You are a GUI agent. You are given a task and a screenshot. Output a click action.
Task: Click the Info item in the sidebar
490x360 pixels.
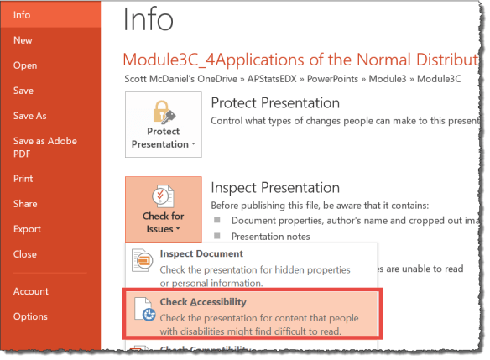(23, 14)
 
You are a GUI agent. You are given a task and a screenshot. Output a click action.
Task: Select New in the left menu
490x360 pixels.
(23, 39)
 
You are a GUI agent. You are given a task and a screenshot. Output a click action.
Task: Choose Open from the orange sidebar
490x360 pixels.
(25, 65)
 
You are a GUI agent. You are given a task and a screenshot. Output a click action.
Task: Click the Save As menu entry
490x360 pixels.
(30, 116)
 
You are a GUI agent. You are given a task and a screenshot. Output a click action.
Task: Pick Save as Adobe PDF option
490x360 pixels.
(44, 148)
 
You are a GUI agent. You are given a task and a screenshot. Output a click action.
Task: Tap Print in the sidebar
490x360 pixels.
(23, 179)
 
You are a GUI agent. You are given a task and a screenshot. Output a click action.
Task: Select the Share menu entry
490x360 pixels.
(25, 204)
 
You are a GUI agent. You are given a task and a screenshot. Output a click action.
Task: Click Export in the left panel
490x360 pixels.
(27, 229)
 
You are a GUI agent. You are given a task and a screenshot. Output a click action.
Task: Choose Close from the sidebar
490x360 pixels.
(25, 254)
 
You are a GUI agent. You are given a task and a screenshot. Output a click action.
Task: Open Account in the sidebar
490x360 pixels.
(30, 291)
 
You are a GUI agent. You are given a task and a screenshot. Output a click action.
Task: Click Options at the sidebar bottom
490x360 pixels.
(30, 316)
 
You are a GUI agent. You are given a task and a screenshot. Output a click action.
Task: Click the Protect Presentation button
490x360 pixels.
(164, 125)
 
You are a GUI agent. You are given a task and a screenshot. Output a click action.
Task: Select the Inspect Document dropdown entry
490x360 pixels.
(201, 253)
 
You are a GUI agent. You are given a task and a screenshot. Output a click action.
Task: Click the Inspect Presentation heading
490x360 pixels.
(275, 188)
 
